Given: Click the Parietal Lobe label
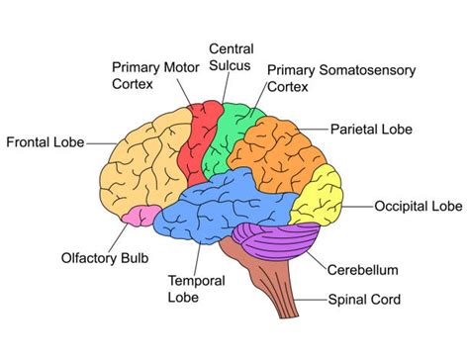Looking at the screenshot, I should pos(371,129).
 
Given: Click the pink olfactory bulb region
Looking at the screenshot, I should pos(138,216).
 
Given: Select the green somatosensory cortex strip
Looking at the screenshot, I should pos(230,134).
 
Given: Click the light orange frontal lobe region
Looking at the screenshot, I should pos(148,158).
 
